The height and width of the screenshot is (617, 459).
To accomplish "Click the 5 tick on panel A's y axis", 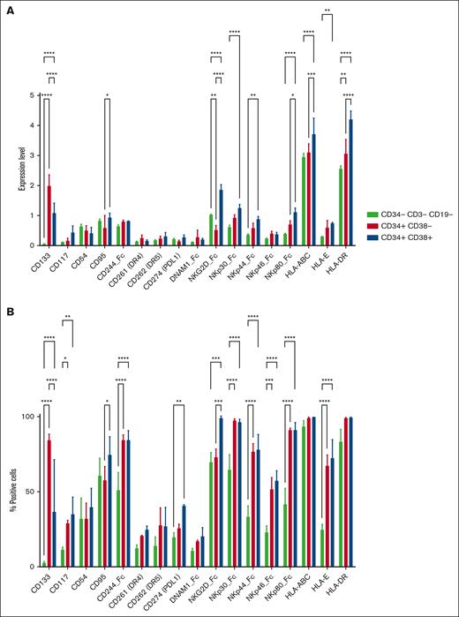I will [33, 94].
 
